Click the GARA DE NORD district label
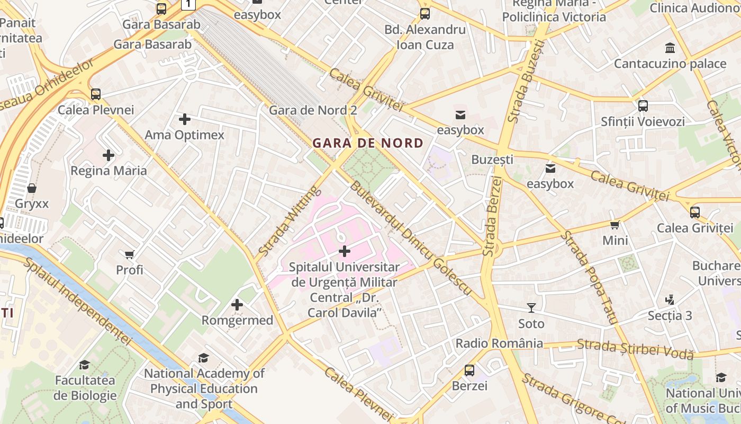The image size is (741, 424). (368, 143)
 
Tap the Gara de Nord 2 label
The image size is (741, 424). (313, 110)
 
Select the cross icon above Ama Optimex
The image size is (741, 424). (185, 119)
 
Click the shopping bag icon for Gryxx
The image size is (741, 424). (32, 188)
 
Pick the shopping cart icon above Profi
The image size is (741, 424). (130, 254)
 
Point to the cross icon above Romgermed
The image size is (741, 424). (237, 305)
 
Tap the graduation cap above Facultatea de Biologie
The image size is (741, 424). (85, 365)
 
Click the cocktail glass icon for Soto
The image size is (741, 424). (531, 308)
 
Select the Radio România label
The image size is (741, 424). (499, 343)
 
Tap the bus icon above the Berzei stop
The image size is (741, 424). (469, 370)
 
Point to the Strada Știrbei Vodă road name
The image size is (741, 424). (635, 349)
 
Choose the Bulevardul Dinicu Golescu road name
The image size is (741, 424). (410, 238)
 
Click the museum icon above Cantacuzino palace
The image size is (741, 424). (670, 48)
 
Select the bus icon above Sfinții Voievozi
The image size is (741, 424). (643, 106)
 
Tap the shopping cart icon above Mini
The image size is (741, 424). (615, 225)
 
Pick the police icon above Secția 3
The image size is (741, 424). (670, 300)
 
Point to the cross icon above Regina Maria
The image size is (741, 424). (109, 155)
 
